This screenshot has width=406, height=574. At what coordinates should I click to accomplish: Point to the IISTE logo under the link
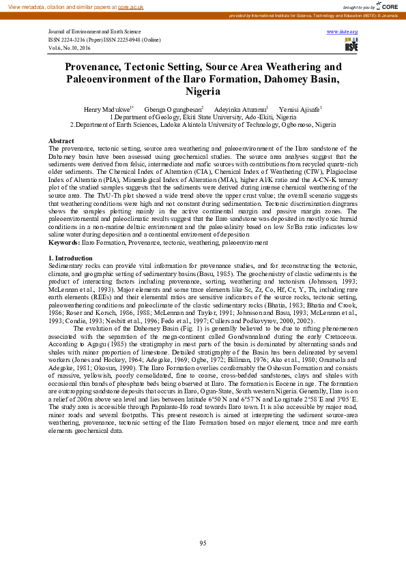[351, 45]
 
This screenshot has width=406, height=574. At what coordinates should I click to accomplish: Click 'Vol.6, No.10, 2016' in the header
[70, 48]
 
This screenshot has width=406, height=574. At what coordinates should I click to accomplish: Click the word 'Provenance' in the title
[97, 67]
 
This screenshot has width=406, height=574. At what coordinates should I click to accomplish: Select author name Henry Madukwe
[107, 108]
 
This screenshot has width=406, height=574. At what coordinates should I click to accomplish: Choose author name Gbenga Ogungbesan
[173, 108]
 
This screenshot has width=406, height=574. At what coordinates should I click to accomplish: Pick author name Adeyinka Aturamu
[240, 108]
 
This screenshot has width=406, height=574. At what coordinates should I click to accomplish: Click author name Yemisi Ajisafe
[300, 108]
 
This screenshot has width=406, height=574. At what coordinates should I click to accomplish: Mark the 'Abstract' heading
[62, 140]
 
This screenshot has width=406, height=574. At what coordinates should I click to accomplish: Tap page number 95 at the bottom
[203, 542]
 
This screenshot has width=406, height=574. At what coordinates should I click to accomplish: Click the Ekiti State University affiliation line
[203, 117]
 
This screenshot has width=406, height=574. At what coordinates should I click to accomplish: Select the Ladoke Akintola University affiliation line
[203, 125]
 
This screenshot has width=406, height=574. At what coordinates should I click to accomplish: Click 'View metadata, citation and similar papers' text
[59, 5]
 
